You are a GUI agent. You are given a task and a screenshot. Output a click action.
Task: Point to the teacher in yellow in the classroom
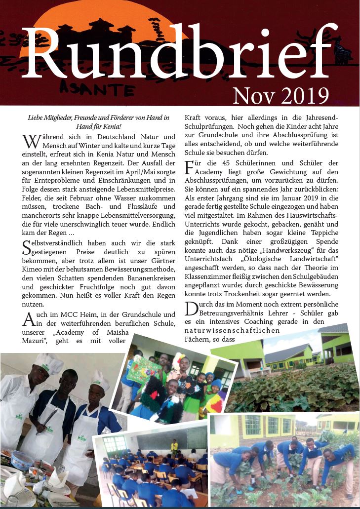click(174, 446)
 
